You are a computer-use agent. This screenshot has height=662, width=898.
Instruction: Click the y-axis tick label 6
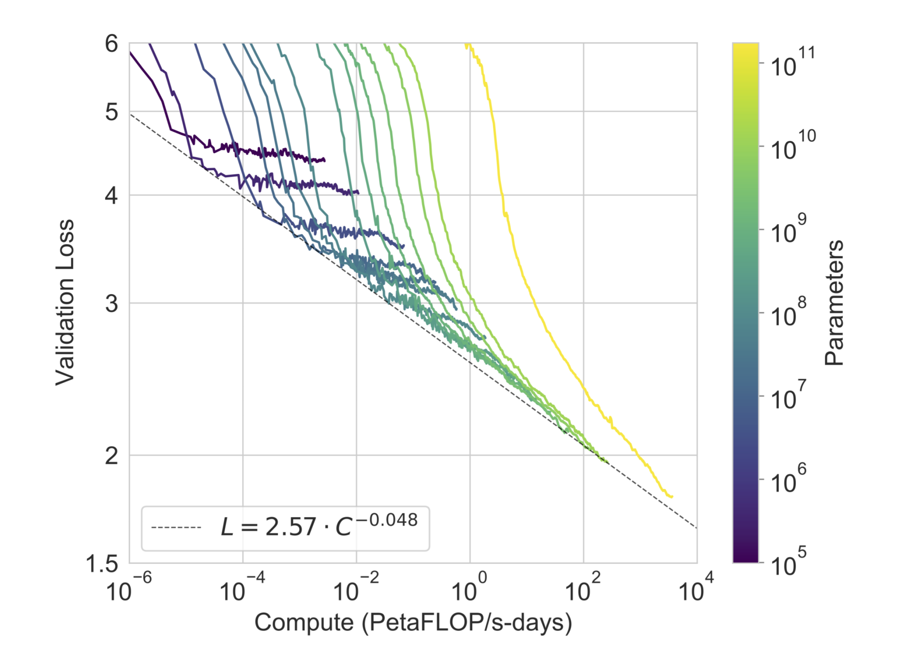coord(111,44)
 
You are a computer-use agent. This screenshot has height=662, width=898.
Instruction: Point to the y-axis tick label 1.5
coord(102,563)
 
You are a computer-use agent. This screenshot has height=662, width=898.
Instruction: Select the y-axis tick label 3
coord(111,304)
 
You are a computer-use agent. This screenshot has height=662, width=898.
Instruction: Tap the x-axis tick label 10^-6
coord(129,589)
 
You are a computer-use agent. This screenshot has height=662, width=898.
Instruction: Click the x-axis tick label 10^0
coord(469,589)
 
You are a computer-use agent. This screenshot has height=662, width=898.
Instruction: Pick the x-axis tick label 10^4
coord(696,589)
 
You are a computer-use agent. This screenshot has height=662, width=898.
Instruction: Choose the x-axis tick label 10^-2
coord(356,589)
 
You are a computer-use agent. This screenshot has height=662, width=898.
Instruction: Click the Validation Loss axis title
coord(65,302)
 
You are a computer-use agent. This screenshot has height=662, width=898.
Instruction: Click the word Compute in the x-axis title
coord(304,622)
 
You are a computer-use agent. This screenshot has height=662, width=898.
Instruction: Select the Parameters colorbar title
coord(834,302)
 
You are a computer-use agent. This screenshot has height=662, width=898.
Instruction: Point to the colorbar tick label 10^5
coord(788,562)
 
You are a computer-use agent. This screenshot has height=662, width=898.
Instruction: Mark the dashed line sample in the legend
coord(176,527)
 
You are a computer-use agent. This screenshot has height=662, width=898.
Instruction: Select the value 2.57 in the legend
coord(291,528)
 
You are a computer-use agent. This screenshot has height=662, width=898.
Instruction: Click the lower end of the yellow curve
coord(672,496)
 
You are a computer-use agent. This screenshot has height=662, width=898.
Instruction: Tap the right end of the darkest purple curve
coord(324,159)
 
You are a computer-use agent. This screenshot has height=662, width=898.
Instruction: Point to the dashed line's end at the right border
coord(696,527)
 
